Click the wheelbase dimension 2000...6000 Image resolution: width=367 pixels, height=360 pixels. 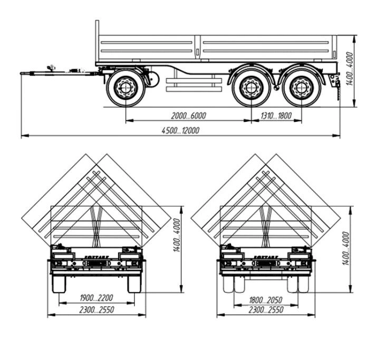tap(188, 115)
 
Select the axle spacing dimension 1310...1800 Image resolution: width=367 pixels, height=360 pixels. tap(276, 115)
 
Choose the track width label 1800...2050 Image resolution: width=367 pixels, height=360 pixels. tap(266, 300)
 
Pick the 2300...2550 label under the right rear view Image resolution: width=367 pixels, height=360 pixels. tap(266, 310)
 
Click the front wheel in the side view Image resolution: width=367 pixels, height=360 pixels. tap(125, 87)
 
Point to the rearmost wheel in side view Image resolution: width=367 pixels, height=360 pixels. tap(301, 87)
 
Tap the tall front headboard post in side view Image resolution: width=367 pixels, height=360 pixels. tap(97, 42)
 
